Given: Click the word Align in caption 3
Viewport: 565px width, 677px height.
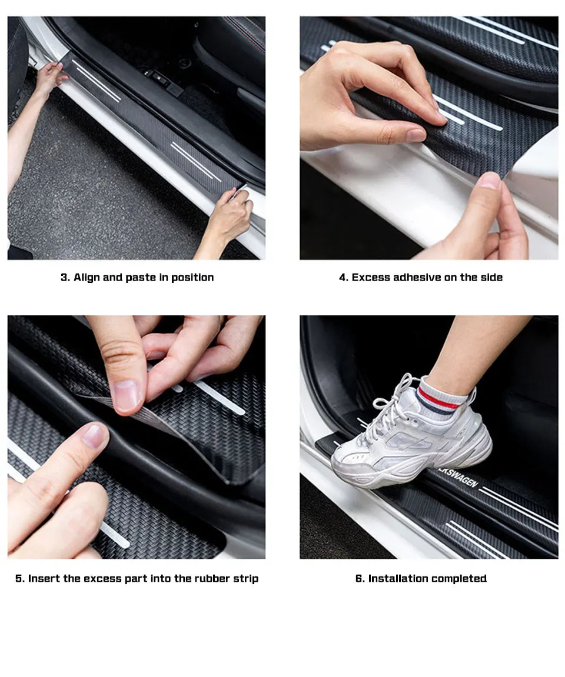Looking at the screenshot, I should [87, 278].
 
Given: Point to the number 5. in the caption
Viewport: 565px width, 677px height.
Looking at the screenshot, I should [20, 579].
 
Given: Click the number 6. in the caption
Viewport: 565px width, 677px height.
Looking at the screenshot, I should [360, 579].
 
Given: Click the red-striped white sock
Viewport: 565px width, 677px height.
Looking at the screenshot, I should [443, 397].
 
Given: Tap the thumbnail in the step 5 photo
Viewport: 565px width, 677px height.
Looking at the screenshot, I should [125, 395].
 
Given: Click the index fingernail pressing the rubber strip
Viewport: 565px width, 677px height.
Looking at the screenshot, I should [94, 436].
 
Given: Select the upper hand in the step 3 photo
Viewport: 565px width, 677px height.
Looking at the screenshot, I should [50, 76].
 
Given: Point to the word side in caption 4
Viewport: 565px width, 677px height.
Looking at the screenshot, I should [492, 278].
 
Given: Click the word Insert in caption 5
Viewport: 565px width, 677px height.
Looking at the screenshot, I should [44, 579].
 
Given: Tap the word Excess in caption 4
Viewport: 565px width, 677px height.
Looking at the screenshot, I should [371, 278].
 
